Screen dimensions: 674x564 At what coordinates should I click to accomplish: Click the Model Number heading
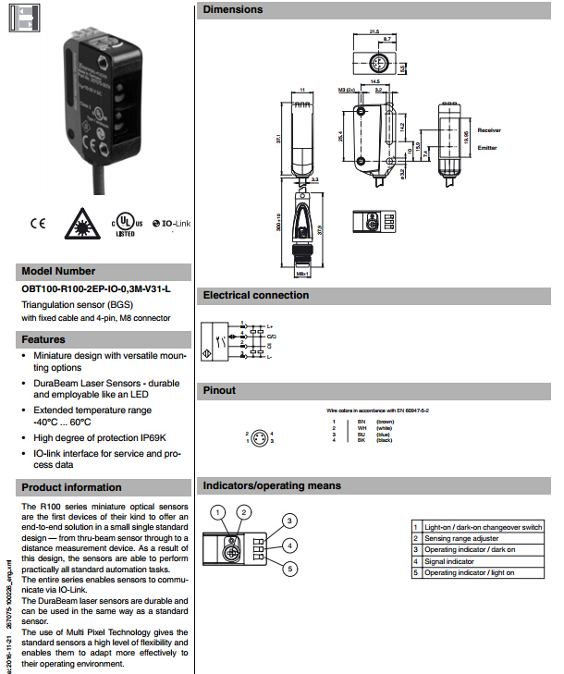coord(58,272)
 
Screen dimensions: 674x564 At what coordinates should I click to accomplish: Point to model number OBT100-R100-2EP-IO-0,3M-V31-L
coord(96,289)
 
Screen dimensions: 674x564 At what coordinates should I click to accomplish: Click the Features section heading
coord(43,339)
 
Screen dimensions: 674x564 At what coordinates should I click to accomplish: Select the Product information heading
coord(72,487)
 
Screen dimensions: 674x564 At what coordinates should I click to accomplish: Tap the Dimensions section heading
coord(233,9)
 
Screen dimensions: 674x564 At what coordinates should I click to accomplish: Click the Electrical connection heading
coord(256,296)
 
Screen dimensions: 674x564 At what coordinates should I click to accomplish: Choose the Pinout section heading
coord(220,391)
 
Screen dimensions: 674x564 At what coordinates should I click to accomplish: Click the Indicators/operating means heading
coord(272,485)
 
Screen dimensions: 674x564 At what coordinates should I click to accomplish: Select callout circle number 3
coord(289,521)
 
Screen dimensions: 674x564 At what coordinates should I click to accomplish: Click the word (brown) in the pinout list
coord(385,422)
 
